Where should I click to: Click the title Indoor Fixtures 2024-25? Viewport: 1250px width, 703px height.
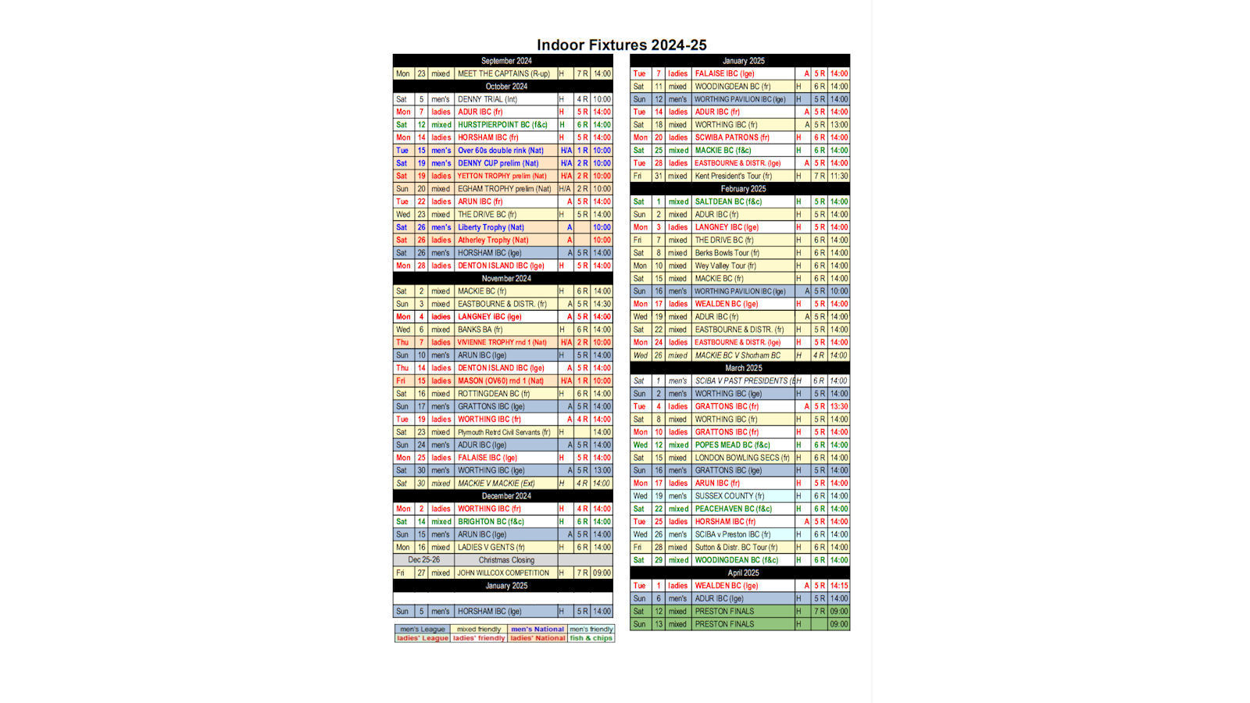click(621, 45)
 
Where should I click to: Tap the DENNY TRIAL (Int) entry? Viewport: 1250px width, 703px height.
click(487, 99)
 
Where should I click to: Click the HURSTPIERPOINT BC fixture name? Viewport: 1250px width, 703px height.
click(502, 125)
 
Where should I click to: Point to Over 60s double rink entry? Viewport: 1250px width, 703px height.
click(500, 151)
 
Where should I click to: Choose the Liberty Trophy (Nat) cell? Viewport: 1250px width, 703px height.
click(491, 227)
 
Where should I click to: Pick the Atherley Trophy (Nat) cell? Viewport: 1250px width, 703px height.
click(493, 240)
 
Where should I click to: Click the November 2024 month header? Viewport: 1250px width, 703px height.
click(505, 278)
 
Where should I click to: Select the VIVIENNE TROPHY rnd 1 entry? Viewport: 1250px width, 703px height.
click(502, 342)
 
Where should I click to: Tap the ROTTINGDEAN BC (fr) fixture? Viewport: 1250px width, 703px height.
click(494, 394)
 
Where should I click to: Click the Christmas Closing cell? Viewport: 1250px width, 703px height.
click(506, 560)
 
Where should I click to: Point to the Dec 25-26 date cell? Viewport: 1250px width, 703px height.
click(423, 560)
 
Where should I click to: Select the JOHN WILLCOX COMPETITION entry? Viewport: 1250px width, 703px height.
click(503, 573)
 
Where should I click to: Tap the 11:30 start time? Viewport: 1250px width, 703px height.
click(839, 176)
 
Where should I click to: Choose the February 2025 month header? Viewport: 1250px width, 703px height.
click(743, 189)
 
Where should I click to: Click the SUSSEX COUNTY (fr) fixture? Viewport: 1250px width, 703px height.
click(730, 496)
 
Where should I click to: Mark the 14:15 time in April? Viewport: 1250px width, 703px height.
click(839, 586)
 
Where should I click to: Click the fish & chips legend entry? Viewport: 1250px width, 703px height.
click(591, 638)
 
